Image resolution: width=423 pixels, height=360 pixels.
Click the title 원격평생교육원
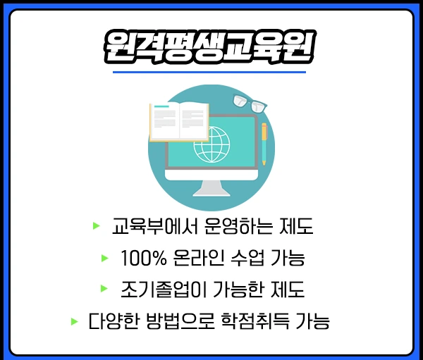209,46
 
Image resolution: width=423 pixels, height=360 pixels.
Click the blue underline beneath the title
209,71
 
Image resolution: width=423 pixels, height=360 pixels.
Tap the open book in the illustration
179,120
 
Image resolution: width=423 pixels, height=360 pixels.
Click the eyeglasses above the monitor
250,102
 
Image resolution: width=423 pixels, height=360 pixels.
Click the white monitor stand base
211,192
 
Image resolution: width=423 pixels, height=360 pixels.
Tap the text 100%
143,259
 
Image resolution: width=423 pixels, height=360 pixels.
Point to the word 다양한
111,322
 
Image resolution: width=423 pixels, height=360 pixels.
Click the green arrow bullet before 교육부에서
96,226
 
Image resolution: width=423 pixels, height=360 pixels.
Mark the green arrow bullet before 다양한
74,321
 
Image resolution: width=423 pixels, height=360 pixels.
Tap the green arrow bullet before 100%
105,258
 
